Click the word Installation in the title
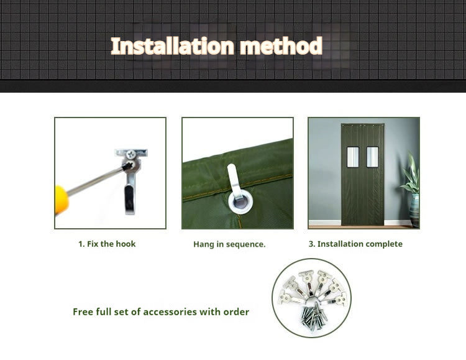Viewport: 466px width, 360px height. (x=173, y=46)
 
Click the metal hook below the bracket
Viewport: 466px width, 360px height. (x=129, y=193)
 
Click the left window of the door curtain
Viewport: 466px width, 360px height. (x=352, y=157)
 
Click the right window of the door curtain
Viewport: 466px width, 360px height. (x=373, y=157)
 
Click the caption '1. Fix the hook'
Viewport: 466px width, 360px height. (x=107, y=244)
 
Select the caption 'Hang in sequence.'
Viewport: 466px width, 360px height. (x=229, y=244)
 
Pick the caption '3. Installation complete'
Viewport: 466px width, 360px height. (x=355, y=244)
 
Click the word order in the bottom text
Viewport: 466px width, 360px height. (x=237, y=312)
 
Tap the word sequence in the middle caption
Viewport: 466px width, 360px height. (x=247, y=244)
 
